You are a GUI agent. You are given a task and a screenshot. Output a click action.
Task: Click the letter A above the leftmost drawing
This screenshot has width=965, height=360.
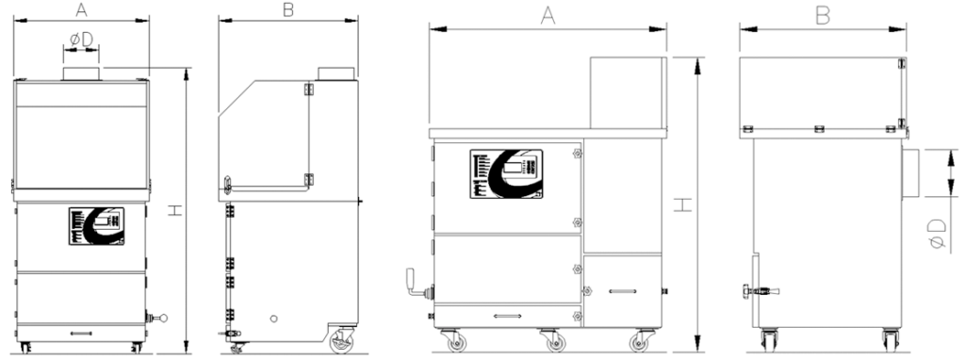(81, 8)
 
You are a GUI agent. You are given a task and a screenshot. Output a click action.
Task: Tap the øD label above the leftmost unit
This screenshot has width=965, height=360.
(81, 39)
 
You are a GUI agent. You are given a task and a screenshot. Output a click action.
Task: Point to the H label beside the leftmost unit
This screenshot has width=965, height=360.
(176, 210)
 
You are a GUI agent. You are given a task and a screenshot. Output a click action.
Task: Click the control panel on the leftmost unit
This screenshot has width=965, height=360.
(97, 226)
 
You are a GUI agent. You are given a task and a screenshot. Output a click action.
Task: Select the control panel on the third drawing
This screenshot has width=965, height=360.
(507, 173)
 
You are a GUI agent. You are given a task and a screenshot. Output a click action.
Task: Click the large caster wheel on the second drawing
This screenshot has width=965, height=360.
(341, 340)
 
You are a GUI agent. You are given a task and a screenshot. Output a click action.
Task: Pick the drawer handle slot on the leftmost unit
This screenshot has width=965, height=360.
(81, 334)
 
